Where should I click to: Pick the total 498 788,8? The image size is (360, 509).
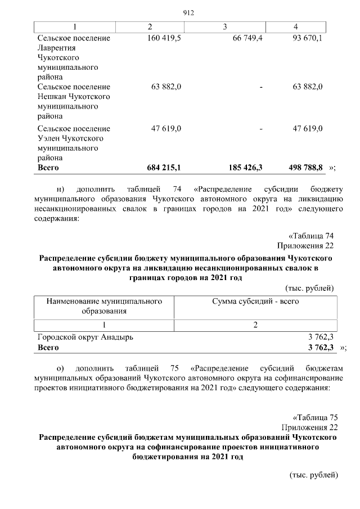pyautogui.click(x=307, y=168)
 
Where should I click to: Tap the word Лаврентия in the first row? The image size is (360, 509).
pyautogui.click(x=56, y=48)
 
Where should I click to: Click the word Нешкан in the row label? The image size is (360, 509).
pyautogui.click(x=52, y=96)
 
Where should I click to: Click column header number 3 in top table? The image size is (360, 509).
pyautogui.click(x=224, y=26)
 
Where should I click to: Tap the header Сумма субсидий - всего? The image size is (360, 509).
pyautogui.click(x=255, y=301)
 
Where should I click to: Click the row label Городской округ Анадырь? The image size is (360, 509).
pyautogui.click(x=85, y=337)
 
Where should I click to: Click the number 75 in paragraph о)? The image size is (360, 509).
pyautogui.click(x=174, y=368)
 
